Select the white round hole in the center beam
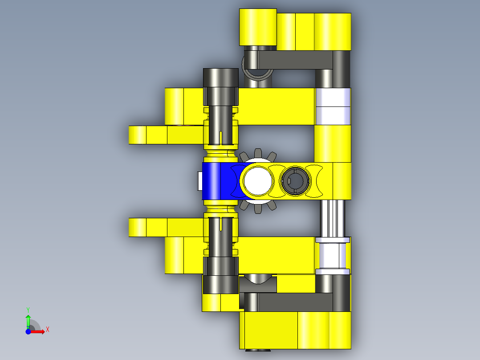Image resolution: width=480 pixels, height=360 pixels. tap(257, 180)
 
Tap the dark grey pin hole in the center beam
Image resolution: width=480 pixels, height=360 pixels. tap(293, 180)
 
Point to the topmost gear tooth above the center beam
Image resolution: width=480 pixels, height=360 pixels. tap(257, 153)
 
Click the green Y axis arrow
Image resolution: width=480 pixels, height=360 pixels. tap(28, 320)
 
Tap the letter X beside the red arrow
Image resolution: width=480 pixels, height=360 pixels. tap(47, 329)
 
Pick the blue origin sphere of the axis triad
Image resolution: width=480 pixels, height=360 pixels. tap(28, 331)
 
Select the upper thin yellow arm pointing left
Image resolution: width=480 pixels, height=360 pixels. tap(165, 135)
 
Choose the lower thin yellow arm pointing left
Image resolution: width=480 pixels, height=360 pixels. tap(165, 227)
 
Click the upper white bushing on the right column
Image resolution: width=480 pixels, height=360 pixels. tap(333, 106)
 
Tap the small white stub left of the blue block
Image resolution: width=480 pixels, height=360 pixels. tap(199, 181)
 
